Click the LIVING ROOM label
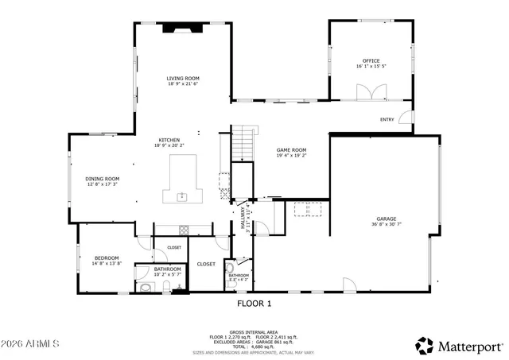(x=182, y=78)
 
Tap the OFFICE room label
(x=371, y=61)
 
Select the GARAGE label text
(x=387, y=219)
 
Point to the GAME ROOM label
(x=291, y=149)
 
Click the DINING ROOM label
(x=102, y=179)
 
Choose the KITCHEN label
(x=169, y=140)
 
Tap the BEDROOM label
(x=107, y=257)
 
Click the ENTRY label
(x=387, y=120)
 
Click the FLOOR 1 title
(x=254, y=304)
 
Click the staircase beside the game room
(x=242, y=144)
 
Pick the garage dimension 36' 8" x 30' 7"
(x=387, y=225)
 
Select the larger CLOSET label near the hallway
(x=206, y=264)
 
